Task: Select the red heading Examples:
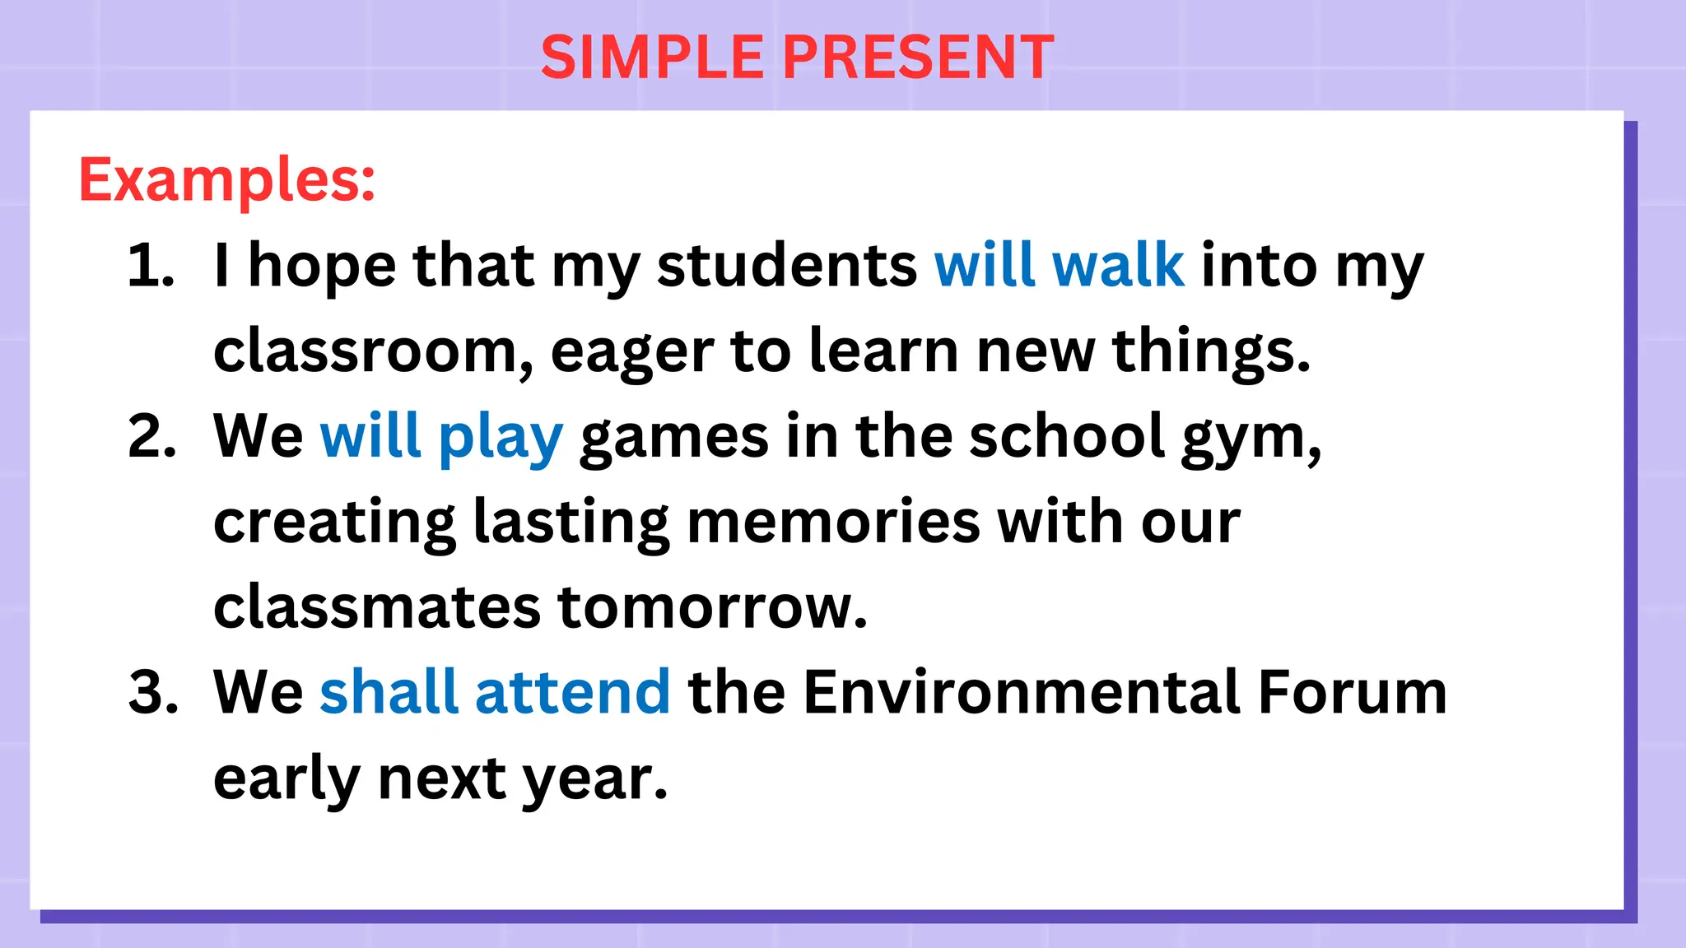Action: point(227,179)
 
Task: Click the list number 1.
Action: point(150,266)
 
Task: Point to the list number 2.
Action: point(152,436)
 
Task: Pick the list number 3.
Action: point(153,692)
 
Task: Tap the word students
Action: point(787,266)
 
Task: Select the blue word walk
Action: point(1118,266)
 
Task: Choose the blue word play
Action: point(501,439)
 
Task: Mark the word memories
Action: point(833,522)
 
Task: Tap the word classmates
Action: point(376,607)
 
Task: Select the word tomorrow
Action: point(712,607)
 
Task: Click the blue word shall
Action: point(389,692)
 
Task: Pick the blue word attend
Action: point(573,692)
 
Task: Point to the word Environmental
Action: point(1022,692)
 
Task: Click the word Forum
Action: point(1352,692)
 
